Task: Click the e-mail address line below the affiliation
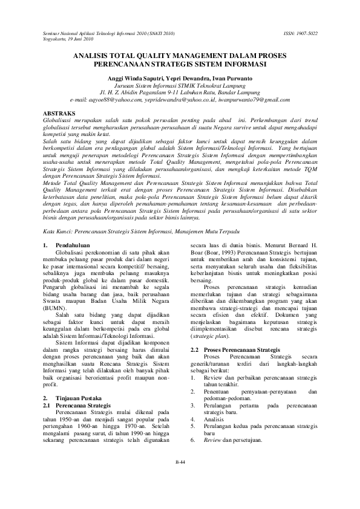coord(180,99)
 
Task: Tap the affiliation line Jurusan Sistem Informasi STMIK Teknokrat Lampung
coord(180,86)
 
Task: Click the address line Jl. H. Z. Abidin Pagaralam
coord(180,92)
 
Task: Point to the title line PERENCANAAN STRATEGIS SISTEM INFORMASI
coord(180,63)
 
